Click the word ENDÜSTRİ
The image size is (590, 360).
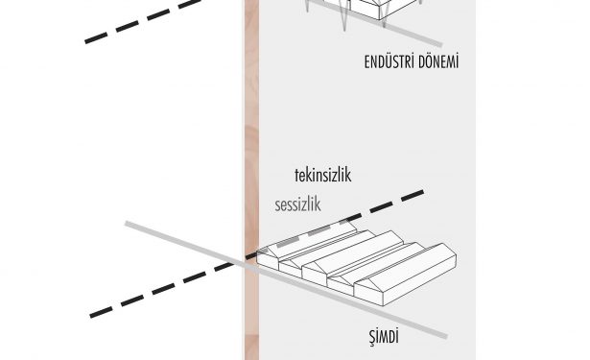point(388,62)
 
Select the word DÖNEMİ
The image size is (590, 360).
point(437,61)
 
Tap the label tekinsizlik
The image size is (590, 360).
point(323,176)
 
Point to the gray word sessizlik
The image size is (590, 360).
point(297,205)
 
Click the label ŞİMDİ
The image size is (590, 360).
point(383,337)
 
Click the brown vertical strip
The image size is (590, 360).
point(251,180)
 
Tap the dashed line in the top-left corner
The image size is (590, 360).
point(143,21)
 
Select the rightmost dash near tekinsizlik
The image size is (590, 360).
point(413,196)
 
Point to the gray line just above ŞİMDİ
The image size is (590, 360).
point(286,279)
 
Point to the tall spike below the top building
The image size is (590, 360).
point(343,17)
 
